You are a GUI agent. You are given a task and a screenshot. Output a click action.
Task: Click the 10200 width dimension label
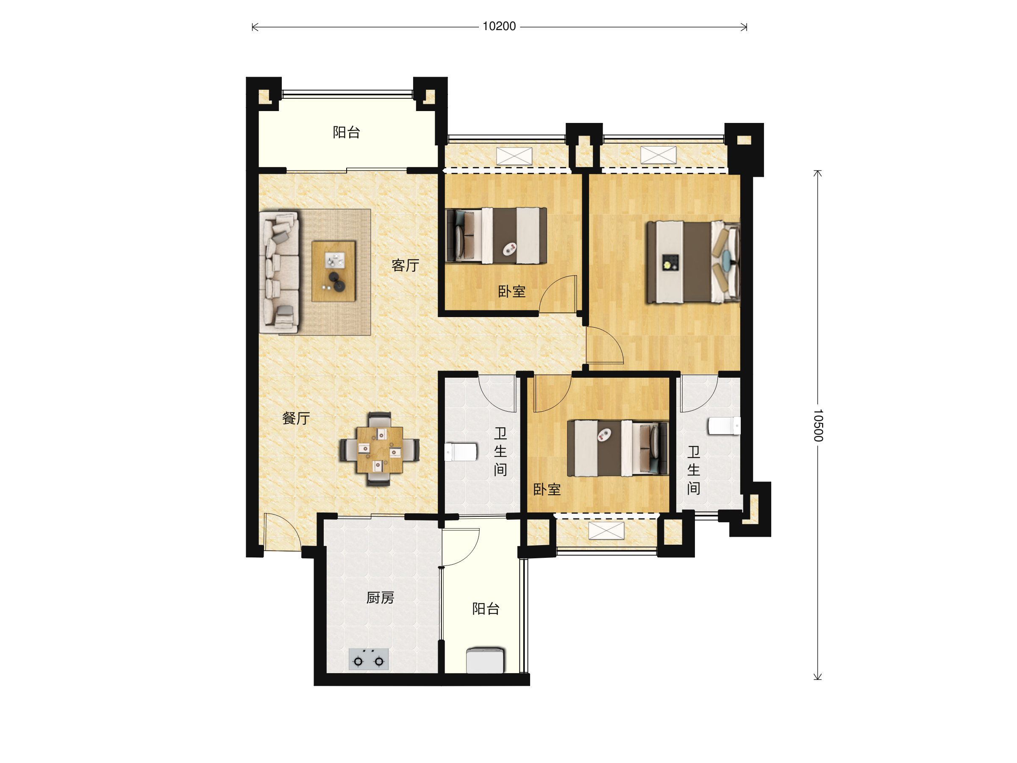pyautogui.click(x=499, y=27)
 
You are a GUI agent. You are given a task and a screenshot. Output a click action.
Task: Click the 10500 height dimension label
pyautogui.click(x=818, y=425)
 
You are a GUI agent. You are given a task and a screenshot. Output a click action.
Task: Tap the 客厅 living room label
pyautogui.click(x=405, y=265)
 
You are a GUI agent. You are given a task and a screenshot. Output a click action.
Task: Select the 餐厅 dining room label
pyautogui.click(x=296, y=418)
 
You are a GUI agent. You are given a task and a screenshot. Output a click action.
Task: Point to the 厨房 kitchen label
pyautogui.click(x=380, y=598)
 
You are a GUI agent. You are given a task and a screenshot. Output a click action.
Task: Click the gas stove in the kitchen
pyautogui.click(x=368, y=659)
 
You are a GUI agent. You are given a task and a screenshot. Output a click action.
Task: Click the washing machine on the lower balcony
pyautogui.click(x=485, y=660)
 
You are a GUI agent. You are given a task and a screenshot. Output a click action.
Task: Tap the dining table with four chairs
pyautogui.click(x=380, y=449)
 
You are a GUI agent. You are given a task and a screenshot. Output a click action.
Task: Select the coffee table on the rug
pyautogui.click(x=333, y=271)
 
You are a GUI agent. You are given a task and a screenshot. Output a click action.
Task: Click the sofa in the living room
pyautogui.click(x=279, y=272)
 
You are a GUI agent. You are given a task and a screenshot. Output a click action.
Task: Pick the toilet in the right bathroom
pyautogui.click(x=724, y=426)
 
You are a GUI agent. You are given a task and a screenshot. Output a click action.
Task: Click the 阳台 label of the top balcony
pyautogui.click(x=346, y=132)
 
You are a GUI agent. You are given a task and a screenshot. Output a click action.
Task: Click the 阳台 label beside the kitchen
pyautogui.click(x=486, y=609)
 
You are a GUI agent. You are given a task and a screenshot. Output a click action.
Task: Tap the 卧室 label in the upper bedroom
pyautogui.click(x=511, y=292)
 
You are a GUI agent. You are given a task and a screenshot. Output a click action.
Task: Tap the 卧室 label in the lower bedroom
pyautogui.click(x=547, y=489)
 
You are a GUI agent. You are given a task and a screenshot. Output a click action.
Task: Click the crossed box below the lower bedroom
pyautogui.click(x=606, y=531)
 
